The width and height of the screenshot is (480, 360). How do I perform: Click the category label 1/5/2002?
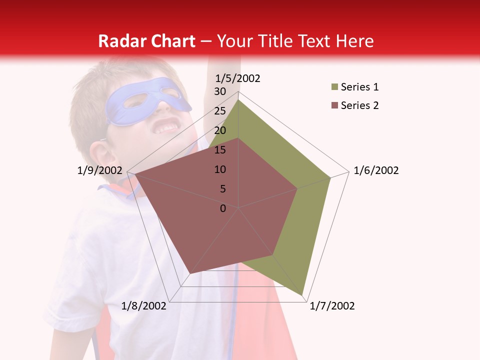click(x=238, y=78)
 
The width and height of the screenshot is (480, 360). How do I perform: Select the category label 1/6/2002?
click(x=376, y=170)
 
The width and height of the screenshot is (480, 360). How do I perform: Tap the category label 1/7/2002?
click(x=332, y=306)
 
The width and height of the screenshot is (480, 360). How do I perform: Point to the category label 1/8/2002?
click(x=143, y=306)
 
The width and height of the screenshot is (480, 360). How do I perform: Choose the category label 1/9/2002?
click(x=100, y=170)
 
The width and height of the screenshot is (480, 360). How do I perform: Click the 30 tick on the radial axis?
click(x=220, y=91)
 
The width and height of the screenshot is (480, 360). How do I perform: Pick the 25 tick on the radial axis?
click(x=220, y=111)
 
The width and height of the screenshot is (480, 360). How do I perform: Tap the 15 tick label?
click(x=220, y=150)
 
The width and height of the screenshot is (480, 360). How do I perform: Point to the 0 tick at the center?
click(x=223, y=208)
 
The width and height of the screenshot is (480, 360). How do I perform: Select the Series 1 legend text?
click(x=359, y=87)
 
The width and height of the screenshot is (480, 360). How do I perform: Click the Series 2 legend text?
click(x=359, y=105)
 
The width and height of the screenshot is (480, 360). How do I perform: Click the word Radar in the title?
click(x=118, y=41)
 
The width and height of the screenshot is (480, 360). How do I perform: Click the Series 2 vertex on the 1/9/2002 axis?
click(x=134, y=174)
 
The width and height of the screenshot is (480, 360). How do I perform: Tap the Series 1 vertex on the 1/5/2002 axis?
click(x=238, y=99)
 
